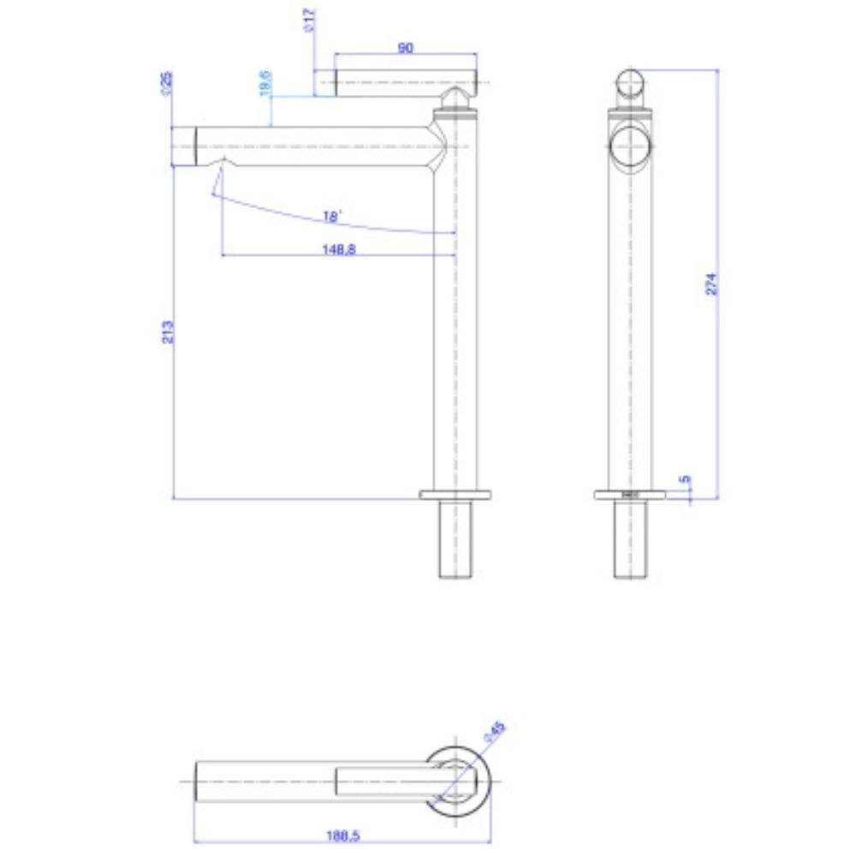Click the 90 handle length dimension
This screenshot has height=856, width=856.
coord(406,49)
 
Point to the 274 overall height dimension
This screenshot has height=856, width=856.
coord(710,284)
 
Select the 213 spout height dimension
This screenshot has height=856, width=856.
coord(169,331)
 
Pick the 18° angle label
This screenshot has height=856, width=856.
coord(332,217)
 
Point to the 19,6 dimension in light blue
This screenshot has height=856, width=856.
coord(266,83)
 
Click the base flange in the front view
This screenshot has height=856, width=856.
coord(455,494)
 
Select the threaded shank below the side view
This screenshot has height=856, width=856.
coord(631,539)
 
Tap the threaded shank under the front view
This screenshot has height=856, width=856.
coord(455,539)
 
